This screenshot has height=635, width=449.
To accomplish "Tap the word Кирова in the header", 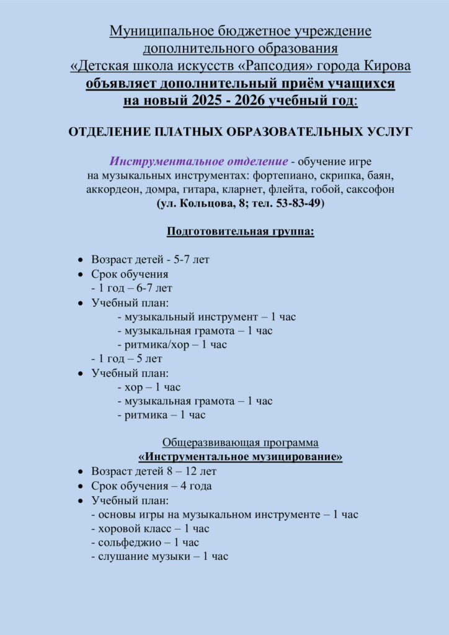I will point(384,66).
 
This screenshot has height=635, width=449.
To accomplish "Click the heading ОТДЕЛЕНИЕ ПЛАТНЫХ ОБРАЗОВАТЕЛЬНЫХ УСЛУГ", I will point(239,132).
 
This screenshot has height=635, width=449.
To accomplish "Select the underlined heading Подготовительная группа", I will point(241,233).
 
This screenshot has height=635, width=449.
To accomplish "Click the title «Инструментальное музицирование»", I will point(241,457).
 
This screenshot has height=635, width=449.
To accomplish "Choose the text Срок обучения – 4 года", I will point(151,486).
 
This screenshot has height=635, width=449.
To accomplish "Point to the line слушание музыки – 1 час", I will point(159,557).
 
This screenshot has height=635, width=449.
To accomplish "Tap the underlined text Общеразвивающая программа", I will point(241,443).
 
